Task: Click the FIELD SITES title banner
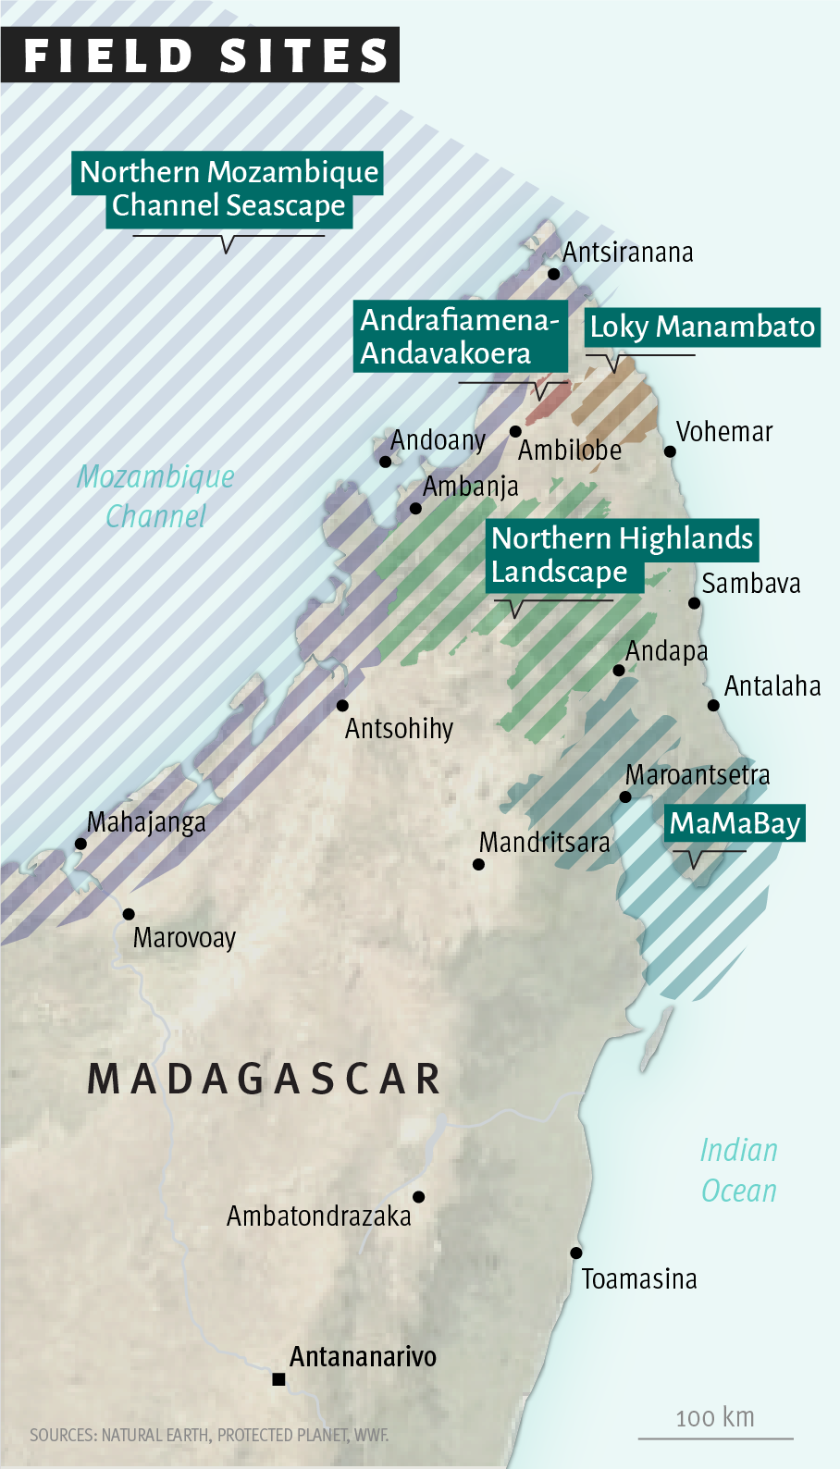click(200, 55)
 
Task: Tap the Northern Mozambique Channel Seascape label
click(228, 189)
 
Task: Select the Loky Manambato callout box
click(702, 327)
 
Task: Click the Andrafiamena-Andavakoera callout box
click(460, 336)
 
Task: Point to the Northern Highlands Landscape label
click(622, 554)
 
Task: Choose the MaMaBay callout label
click(735, 822)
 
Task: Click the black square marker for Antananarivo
click(278, 1379)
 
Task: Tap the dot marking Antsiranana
click(553, 274)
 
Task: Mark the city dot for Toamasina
click(575, 1253)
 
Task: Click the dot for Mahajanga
click(80, 844)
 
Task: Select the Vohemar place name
click(723, 432)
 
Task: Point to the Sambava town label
click(750, 584)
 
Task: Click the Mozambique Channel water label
click(155, 496)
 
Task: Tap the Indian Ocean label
click(738, 1169)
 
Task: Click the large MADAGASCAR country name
click(265, 1079)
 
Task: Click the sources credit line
click(209, 1435)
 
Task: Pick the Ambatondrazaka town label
click(318, 1216)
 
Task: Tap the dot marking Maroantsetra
click(625, 796)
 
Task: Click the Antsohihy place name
click(399, 729)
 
